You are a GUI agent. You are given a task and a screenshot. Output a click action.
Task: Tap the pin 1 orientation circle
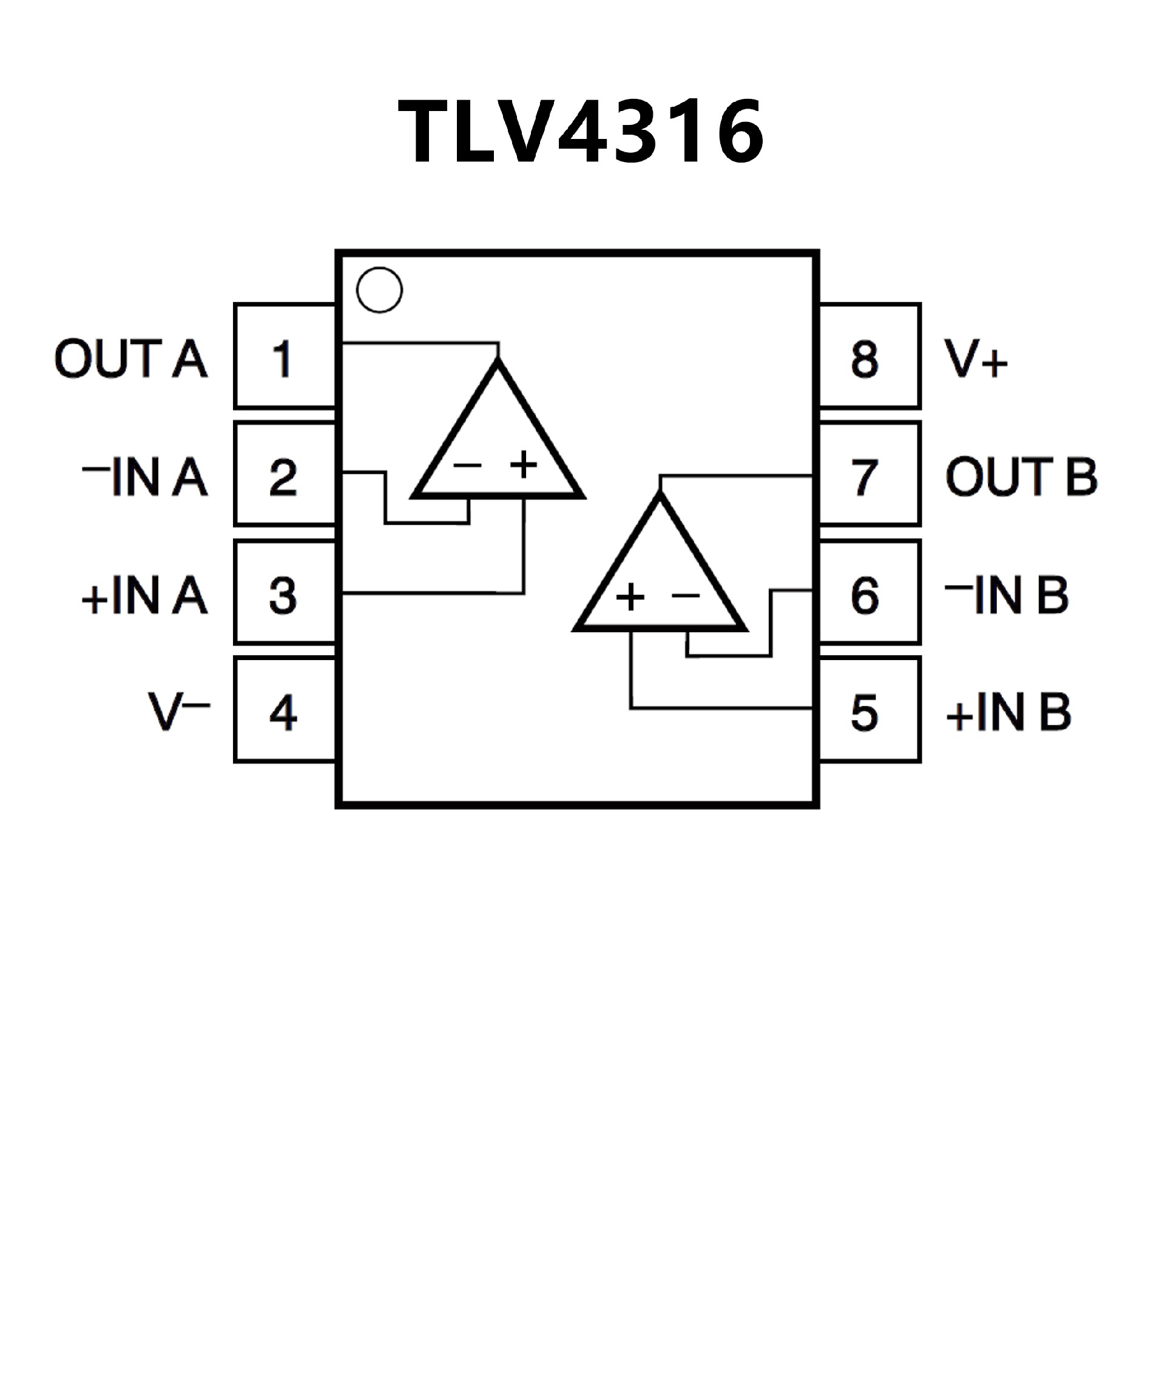379,290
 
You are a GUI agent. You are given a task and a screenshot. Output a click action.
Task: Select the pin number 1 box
285,356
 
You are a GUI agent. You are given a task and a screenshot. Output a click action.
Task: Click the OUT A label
131,359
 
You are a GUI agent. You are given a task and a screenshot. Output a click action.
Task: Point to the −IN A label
145,476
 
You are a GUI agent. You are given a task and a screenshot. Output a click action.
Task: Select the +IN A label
144,595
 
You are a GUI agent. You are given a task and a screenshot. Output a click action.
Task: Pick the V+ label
976,359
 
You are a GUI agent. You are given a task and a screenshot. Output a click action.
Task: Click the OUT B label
1021,476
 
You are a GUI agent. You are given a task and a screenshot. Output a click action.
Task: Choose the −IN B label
1007,595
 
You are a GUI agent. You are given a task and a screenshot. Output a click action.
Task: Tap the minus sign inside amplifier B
686,595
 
